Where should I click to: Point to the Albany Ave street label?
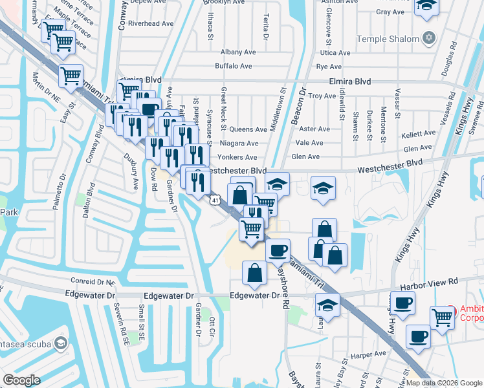pyautogui.click(x=236, y=52)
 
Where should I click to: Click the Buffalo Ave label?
pyautogui.click(x=233, y=66)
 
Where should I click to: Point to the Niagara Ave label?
pyautogui.click(x=239, y=144)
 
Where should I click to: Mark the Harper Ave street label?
pyautogui.click(x=368, y=355)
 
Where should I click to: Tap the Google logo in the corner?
pyautogui.click(x=22, y=380)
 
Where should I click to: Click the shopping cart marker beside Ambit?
pyautogui.click(x=443, y=318)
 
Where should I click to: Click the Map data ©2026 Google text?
pyautogui.click(x=444, y=383)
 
